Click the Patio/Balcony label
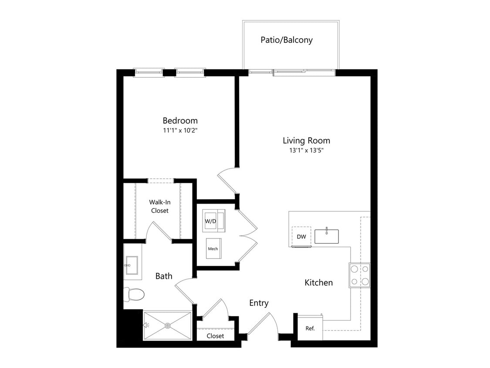point(287,40)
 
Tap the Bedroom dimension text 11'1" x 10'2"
point(180,130)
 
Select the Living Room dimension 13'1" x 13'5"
point(306,150)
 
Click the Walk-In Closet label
point(160,207)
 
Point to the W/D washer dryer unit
point(213,221)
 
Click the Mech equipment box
point(214,249)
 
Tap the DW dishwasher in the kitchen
point(301,237)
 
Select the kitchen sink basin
point(327,236)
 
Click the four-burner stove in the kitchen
point(360,276)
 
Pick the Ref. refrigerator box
point(310,328)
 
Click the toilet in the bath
point(134,294)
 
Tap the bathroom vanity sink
point(131,266)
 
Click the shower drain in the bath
point(168,326)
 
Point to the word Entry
point(259,303)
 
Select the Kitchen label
point(318,283)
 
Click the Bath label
point(164,276)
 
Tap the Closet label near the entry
point(215,336)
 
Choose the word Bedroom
point(180,120)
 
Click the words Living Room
point(306,140)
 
